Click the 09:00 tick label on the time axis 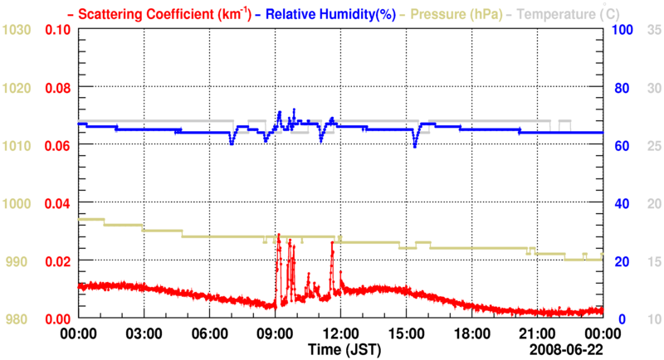275,333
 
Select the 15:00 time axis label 406,333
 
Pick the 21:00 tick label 537,333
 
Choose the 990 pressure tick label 19,261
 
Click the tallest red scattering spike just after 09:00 278,236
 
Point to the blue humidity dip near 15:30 415,146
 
